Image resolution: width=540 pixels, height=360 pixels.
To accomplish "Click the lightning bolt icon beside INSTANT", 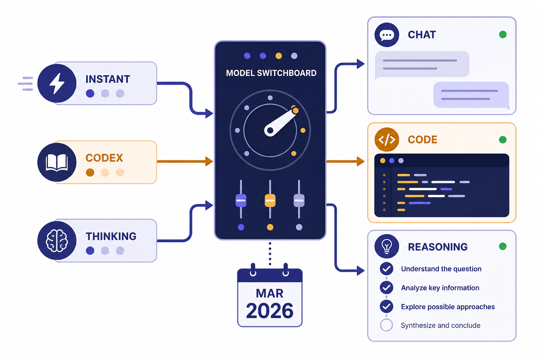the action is pyautogui.click(x=57, y=83).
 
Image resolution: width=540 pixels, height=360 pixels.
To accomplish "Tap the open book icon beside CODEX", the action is pyautogui.click(x=57, y=162).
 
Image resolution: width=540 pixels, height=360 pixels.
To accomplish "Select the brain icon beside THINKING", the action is pyautogui.click(x=57, y=240).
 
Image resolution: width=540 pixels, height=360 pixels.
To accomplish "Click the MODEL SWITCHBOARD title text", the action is pyautogui.click(x=271, y=73).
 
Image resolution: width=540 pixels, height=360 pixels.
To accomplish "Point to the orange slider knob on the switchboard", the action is pyautogui.click(x=270, y=200).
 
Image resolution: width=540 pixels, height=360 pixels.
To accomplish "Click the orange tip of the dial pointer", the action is pyautogui.click(x=295, y=110).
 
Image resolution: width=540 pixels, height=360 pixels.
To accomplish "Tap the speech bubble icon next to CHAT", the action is pyautogui.click(x=387, y=35).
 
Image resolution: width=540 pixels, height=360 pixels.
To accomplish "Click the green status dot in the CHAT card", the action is pyautogui.click(x=503, y=34).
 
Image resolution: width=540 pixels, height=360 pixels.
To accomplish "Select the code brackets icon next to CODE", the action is pyautogui.click(x=387, y=140).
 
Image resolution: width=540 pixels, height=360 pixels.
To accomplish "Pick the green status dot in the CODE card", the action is pyautogui.click(x=503, y=140).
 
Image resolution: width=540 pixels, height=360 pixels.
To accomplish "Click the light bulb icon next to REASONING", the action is pyautogui.click(x=387, y=246).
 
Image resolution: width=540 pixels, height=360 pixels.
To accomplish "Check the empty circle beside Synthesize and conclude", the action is pyautogui.click(x=386, y=325).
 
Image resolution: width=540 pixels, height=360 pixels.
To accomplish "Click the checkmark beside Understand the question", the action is pyautogui.click(x=386, y=269).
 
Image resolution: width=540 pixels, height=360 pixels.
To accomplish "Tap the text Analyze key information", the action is pyautogui.click(x=440, y=288).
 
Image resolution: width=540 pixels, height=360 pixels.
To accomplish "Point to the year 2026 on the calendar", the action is pyautogui.click(x=270, y=311).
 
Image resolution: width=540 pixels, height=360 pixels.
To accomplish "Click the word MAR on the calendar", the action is pyautogui.click(x=270, y=293).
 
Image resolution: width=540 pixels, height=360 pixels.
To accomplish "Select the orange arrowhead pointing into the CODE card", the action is pyautogui.click(x=361, y=161).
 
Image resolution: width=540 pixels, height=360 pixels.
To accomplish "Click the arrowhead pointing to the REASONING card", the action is pyautogui.click(x=361, y=271).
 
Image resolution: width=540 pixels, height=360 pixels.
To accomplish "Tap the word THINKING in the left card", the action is pyautogui.click(x=111, y=236).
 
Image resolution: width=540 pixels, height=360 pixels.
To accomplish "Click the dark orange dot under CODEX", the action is pyautogui.click(x=90, y=172).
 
